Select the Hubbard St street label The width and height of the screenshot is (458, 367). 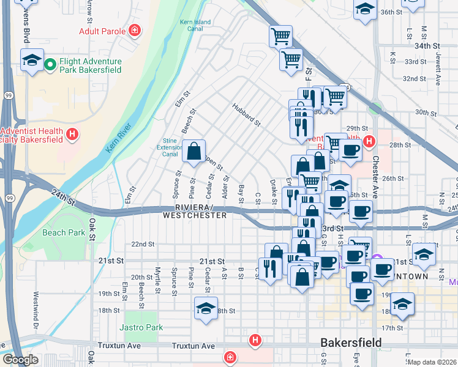click(247, 115)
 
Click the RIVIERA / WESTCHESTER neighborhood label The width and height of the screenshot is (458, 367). click(195, 212)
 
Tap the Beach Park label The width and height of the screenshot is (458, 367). click(64, 232)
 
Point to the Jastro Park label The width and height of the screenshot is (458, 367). click(141, 327)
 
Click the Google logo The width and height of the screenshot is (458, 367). click(20, 360)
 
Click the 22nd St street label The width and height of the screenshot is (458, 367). click(143, 244)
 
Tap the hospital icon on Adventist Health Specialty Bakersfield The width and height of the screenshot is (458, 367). click(73, 134)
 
